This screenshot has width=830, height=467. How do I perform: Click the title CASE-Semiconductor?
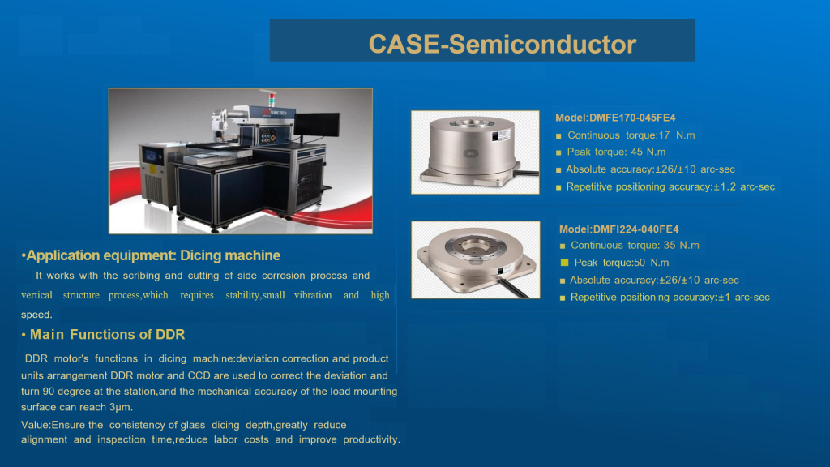pyautogui.click(x=503, y=44)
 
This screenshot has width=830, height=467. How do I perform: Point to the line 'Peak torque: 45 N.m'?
pyautogui.click(x=616, y=152)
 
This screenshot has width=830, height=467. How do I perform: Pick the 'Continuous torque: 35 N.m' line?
pyautogui.click(x=635, y=245)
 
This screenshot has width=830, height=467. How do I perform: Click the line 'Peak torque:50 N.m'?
pyautogui.click(x=622, y=263)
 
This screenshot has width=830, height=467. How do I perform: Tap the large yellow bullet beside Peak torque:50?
pyautogui.click(x=564, y=262)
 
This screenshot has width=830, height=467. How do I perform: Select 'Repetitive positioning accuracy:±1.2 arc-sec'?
pyautogui.click(x=670, y=187)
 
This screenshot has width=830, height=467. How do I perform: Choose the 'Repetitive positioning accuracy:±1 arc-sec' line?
pyautogui.click(x=670, y=298)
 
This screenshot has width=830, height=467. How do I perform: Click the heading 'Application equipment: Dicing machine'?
pyautogui.click(x=153, y=255)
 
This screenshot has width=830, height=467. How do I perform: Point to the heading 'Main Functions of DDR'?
pyautogui.click(x=108, y=335)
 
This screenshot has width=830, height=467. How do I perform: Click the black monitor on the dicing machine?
pyautogui.click(x=317, y=124)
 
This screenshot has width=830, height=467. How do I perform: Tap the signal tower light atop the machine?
pyautogui.click(x=272, y=98)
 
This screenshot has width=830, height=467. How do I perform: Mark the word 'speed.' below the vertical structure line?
pyautogui.click(x=36, y=315)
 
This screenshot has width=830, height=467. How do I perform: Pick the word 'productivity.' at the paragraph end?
pyautogui.click(x=371, y=440)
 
